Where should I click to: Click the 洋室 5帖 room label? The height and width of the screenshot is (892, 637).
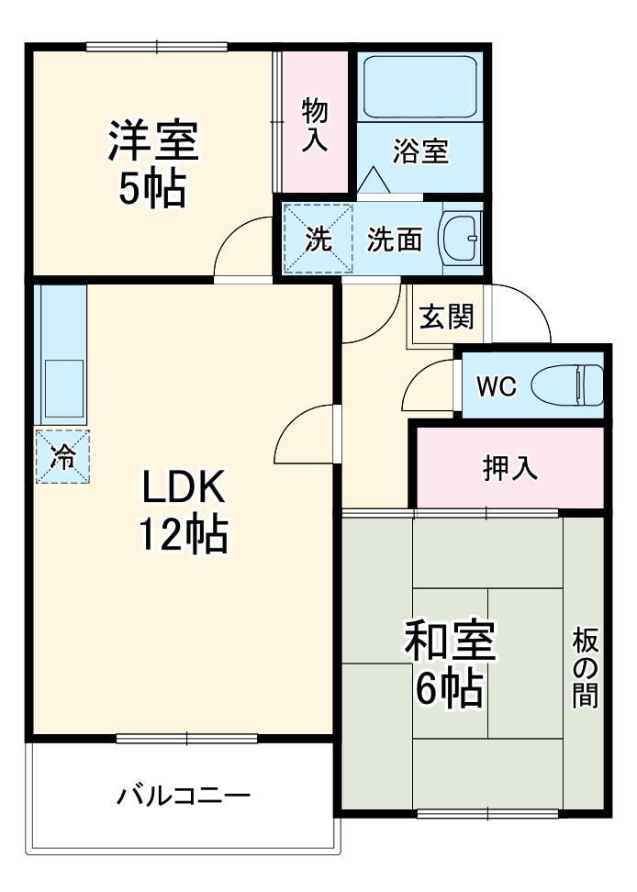pos(151,163)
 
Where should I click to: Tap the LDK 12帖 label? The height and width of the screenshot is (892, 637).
pos(183,510)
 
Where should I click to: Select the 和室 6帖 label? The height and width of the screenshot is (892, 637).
pos(449,663)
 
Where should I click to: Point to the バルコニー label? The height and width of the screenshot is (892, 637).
pos(184,795)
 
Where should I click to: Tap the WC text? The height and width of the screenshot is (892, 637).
pos(496,386)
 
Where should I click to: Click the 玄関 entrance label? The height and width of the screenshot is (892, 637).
pos(447,317)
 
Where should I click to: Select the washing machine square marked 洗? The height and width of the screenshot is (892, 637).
pos(317,239)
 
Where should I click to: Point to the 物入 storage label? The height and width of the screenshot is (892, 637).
pos(315,125)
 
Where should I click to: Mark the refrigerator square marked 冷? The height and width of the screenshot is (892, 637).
pos(62,456)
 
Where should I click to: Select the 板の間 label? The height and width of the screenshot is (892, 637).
pos(585,667)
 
